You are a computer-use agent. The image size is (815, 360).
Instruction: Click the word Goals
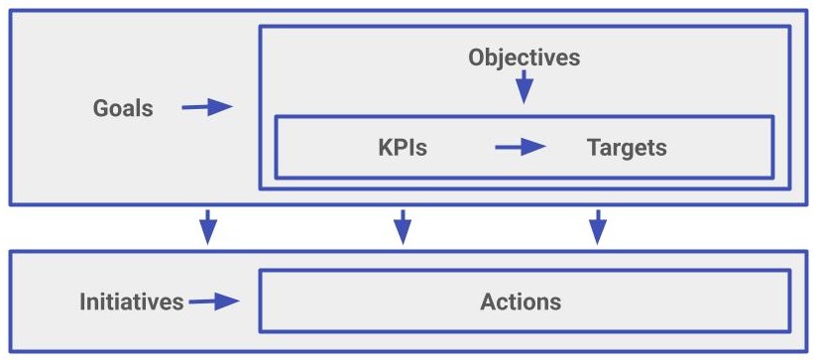tap(123, 108)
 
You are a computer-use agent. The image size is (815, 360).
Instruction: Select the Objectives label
tap(524, 58)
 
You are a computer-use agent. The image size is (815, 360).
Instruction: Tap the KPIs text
tap(403, 148)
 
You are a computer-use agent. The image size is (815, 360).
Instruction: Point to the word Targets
tap(627, 148)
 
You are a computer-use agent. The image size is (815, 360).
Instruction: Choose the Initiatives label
tap(132, 301)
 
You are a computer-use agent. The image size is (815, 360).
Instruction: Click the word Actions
tap(521, 301)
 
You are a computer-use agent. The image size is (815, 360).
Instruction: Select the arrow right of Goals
tap(206, 107)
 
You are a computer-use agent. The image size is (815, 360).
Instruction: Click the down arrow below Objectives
tap(524, 89)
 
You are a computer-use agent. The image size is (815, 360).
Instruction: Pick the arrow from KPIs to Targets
tap(521, 148)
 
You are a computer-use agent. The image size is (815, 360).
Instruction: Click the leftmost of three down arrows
tap(207, 227)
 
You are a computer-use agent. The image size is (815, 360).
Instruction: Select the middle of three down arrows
tap(402, 227)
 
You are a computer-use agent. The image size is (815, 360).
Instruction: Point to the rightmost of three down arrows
tap(597, 227)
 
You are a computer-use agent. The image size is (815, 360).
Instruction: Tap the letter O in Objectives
tap(477, 58)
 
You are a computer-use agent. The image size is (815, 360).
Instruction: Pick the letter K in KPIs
tap(385, 148)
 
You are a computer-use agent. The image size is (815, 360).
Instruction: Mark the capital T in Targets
tap(593, 148)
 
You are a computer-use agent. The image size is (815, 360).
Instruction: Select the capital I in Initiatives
tap(83, 301)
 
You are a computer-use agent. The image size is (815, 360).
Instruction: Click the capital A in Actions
tap(488, 301)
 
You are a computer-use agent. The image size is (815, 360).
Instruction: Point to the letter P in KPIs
tap(402, 148)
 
